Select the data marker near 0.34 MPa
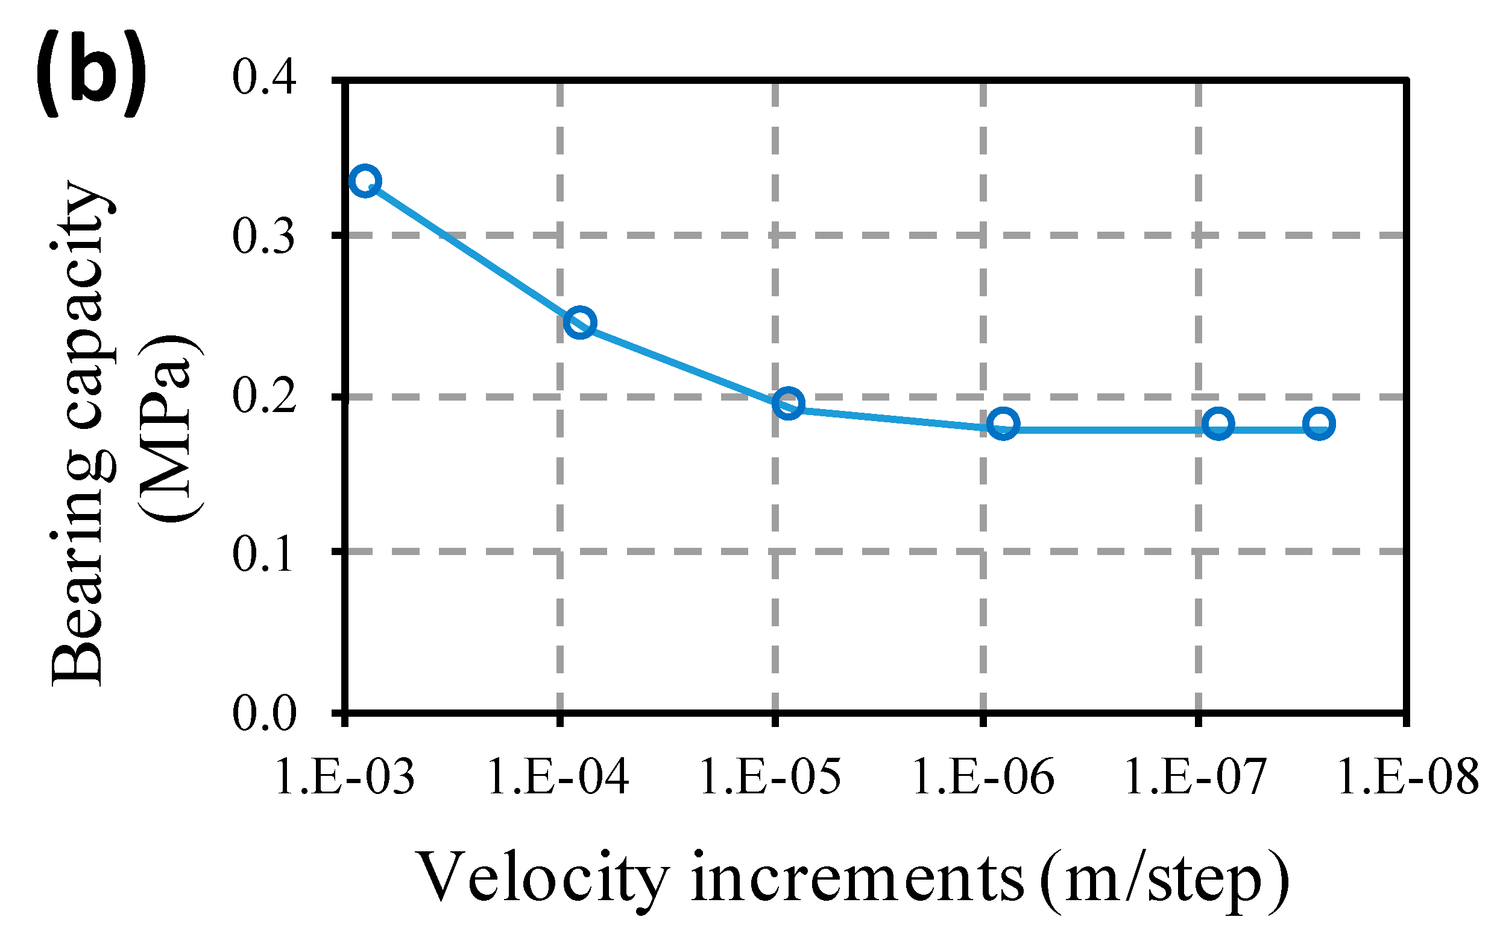[365, 182]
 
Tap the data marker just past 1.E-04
[580, 322]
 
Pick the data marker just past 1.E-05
[788, 403]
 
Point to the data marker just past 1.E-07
[1218, 424]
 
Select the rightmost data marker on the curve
[1319, 424]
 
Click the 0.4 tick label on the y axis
[263, 78]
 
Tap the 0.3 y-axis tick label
[263, 237]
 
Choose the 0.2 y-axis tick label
[263, 396]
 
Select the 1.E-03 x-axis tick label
[344, 777]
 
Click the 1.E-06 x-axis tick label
[983, 777]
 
